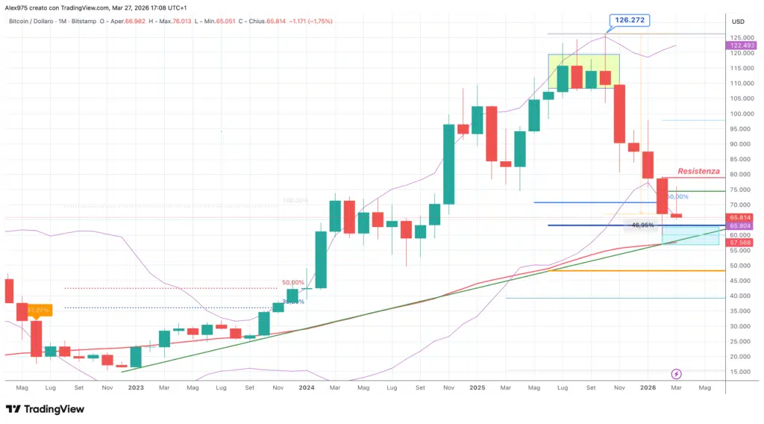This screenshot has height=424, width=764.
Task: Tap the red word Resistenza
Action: [699, 171]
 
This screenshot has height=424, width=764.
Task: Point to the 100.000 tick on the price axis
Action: [741, 114]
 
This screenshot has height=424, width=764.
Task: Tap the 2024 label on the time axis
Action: [307, 388]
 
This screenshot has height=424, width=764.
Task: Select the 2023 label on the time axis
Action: [136, 388]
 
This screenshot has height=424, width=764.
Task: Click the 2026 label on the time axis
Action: [648, 388]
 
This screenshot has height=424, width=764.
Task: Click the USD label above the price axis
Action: [739, 21]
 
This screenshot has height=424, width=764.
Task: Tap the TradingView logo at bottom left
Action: [44, 409]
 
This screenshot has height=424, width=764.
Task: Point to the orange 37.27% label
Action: [37, 308]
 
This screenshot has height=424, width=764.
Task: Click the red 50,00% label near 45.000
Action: [293, 283]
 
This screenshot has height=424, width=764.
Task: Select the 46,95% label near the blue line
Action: [642, 225]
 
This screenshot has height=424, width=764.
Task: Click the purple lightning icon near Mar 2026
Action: [677, 373]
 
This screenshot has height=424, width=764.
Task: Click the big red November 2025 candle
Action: [619, 113]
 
